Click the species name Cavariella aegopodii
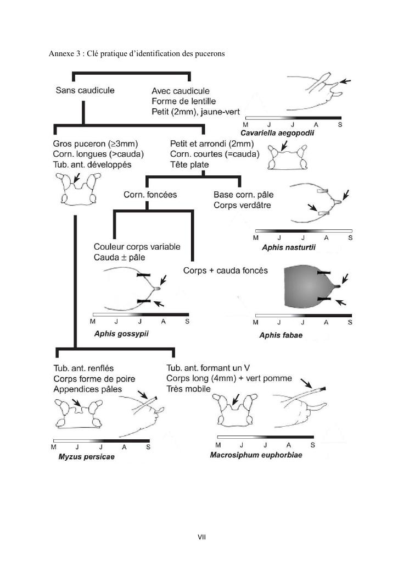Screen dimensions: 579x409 coord(277,133)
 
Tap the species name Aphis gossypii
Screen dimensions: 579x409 coord(121,333)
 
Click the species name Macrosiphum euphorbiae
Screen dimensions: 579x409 coord(256,455)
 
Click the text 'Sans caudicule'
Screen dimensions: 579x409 coord(85,90)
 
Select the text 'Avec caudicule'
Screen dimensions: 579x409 coord(180,91)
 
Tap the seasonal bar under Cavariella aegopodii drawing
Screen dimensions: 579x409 coord(293,118)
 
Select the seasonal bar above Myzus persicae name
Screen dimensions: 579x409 coord(102,440)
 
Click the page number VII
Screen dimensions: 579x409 coord(201,536)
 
